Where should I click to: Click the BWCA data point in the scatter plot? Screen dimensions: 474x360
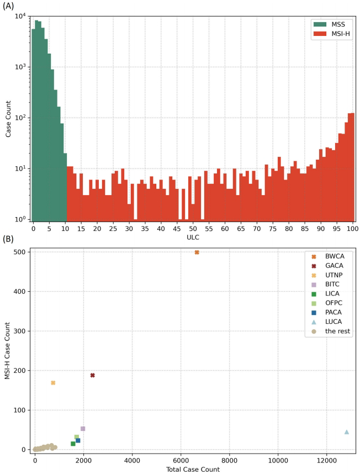click(x=197, y=252)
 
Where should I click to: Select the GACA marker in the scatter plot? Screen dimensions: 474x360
click(x=92, y=375)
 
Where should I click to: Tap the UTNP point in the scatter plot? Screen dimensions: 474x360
click(x=53, y=383)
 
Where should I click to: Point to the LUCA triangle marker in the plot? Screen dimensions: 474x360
click(x=347, y=432)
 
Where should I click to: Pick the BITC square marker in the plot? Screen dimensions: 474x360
click(x=83, y=429)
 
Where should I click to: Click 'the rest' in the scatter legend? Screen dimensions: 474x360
click(x=336, y=331)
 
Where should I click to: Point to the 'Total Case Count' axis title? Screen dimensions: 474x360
click(x=193, y=470)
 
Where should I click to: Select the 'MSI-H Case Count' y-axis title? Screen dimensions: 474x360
click(x=7, y=351)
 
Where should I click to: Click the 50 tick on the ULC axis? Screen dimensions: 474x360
click(x=193, y=228)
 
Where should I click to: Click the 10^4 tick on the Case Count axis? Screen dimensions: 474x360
click(x=20, y=16)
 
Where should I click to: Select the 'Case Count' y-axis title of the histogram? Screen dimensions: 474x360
click(x=8, y=118)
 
